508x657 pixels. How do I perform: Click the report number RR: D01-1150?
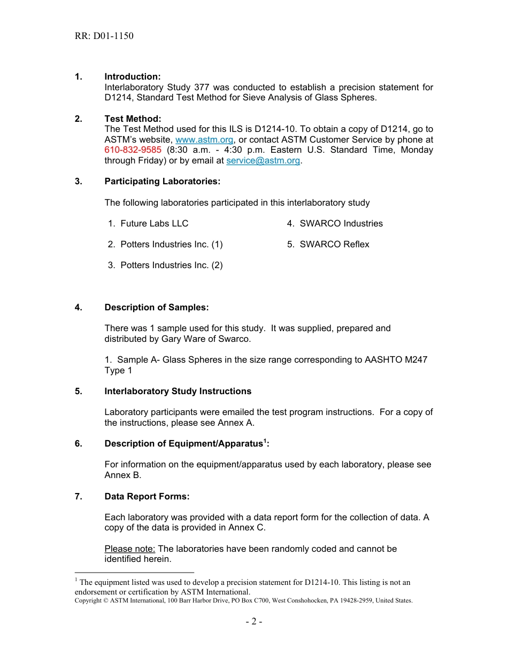coord(104,36)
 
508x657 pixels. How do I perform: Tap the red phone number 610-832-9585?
coord(133,150)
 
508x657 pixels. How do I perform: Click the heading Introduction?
coord(133,77)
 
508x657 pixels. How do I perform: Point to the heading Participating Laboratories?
coord(163,182)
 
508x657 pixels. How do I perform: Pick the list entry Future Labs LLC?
coord(154,224)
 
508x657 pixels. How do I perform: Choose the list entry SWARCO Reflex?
coord(334,245)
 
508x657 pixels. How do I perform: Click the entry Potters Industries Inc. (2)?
coord(171,265)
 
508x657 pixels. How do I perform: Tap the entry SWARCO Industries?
coord(341,224)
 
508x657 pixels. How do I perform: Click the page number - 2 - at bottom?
coord(254,622)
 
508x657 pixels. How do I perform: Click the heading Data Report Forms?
coord(147,497)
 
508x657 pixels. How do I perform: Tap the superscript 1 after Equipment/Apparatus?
coord(265,441)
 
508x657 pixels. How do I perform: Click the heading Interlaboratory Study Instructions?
coord(178,392)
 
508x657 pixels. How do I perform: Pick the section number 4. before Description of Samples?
coord(79,308)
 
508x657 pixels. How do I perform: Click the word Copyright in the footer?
coord(88,601)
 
